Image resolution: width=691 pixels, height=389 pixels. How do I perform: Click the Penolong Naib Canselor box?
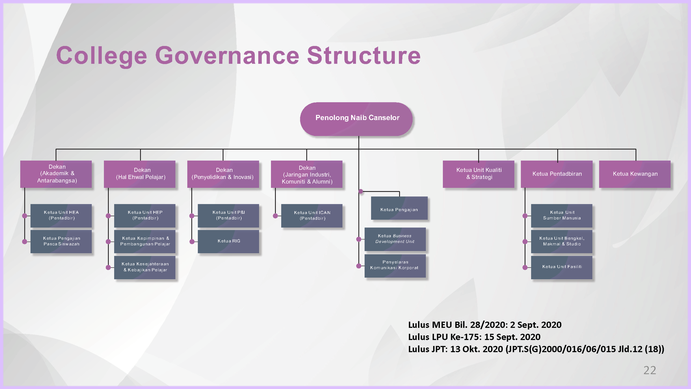tap(356, 119)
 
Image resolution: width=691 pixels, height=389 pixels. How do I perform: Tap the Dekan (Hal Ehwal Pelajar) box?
tap(139, 174)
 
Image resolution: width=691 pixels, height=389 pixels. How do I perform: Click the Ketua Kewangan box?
tap(635, 174)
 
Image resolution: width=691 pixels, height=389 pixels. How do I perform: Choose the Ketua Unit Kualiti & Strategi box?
tap(479, 174)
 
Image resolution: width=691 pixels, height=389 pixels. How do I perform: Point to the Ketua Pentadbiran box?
tap(557, 174)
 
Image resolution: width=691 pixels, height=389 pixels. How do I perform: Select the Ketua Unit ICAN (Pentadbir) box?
tap(312, 216)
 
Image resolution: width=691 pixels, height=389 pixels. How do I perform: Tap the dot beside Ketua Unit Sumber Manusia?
tap(525, 216)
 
